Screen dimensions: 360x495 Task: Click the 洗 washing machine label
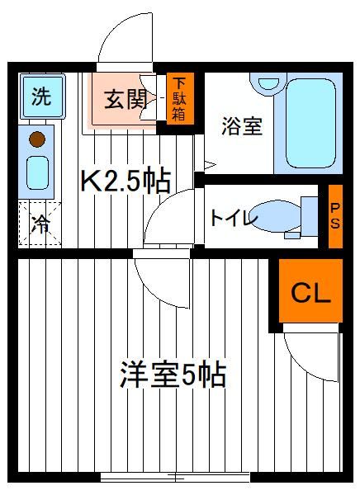pos(41,97)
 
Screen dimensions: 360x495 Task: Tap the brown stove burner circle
pos(37,139)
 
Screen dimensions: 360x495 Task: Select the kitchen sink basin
pos(38,172)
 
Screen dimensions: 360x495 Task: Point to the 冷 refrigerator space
pos(40,224)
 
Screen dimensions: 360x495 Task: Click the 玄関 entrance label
pos(126,99)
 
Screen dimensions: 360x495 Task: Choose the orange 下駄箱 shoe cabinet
pos(180,98)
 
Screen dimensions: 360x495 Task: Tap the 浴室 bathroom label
pos(242,126)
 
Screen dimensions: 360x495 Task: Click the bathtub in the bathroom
pos(310,123)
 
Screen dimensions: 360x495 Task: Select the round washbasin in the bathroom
pos(268,82)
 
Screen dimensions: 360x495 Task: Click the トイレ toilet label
pos(234,218)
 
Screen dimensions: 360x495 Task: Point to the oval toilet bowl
pos(277,216)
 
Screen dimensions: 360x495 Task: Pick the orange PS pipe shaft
pos(335,216)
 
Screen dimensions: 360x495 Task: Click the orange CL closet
pos(310,290)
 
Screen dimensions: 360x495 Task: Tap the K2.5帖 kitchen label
pos(126,181)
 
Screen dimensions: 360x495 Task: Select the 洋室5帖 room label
pos(173,375)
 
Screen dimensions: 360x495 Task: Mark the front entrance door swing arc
pos(114,28)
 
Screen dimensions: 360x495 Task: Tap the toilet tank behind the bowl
pos(309,216)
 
